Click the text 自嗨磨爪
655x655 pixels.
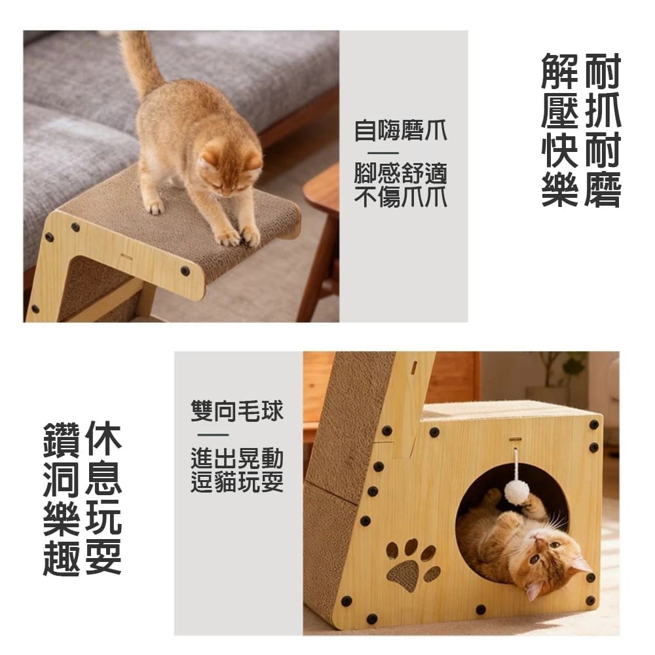(400, 130)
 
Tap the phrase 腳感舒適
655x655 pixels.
(400, 174)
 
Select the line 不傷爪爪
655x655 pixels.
(400, 196)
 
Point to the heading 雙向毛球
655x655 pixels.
(237, 411)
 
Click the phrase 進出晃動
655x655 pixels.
(237, 458)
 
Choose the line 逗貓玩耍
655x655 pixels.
(237, 481)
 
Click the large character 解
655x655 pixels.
(560, 71)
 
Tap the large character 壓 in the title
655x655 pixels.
(560, 110)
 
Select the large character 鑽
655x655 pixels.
(61, 440)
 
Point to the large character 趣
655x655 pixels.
(61, 557)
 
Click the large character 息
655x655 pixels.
(103, 479)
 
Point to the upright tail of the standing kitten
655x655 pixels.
(140, 63)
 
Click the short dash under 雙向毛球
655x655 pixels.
(213, 435)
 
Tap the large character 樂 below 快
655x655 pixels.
(560, 189)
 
